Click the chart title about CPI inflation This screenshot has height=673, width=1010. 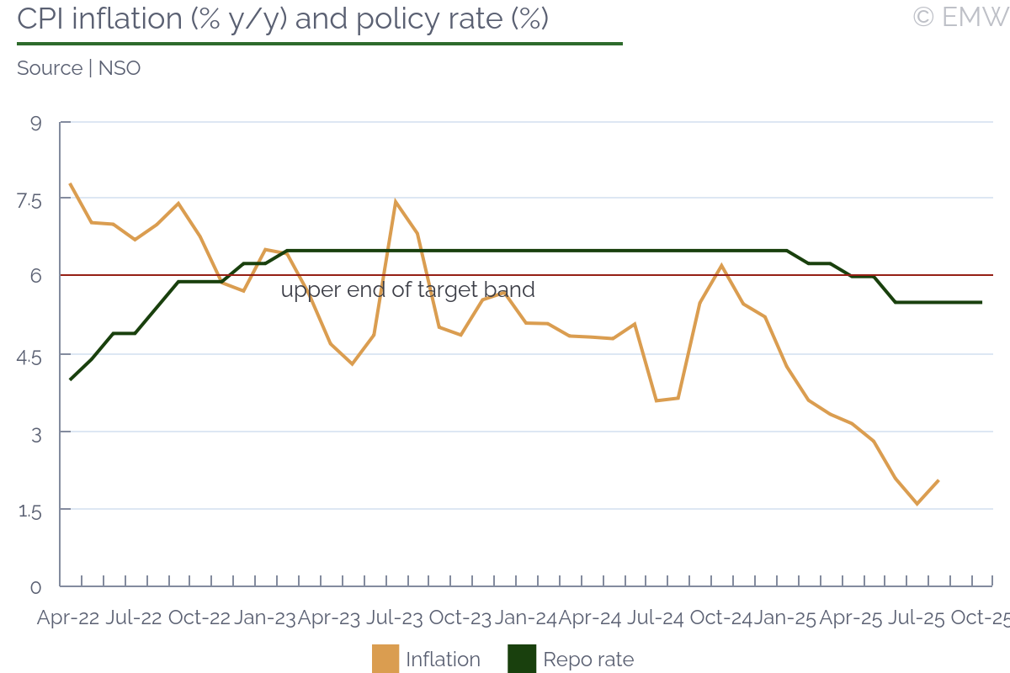[283, 19]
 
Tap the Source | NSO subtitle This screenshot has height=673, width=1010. [78, 68]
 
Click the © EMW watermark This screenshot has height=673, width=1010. [959, 17]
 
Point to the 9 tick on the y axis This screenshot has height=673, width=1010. [35, 123]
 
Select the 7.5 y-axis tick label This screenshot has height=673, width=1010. [29, 199]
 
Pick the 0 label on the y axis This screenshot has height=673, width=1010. [35, 586]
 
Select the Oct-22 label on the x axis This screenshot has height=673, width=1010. [199, 617]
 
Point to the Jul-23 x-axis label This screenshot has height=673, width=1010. [394, 617]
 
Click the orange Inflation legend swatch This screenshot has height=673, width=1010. [385, 659]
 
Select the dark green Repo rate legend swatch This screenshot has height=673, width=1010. [522, 659]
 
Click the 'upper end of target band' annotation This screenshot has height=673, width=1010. [407, 290]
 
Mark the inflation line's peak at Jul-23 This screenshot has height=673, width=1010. [395, 202]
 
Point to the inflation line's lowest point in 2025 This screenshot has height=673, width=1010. [916, 504]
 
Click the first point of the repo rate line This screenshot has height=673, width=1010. [70, 379]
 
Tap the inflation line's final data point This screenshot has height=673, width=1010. [938, 480]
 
